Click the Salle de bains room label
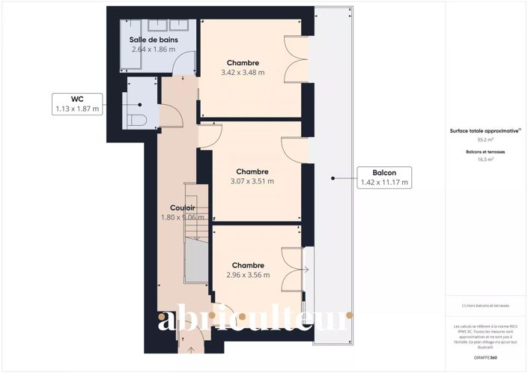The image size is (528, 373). (153, 40)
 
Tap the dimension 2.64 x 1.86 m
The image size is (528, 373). (153, 49)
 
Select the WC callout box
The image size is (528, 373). (76, 103)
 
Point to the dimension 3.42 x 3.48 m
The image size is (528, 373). (243, 73)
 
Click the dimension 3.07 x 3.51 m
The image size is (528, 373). (252, 181)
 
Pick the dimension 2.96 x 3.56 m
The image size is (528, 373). (247, 275)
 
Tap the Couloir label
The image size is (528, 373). (183, 208)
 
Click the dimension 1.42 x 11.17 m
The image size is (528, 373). (384, 182)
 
